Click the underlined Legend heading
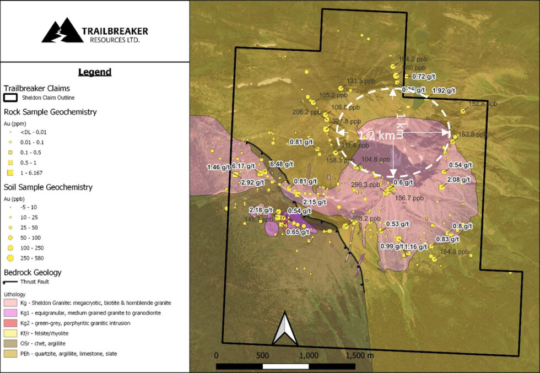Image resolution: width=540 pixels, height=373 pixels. [95, 72]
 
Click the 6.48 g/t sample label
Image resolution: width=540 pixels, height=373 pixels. [283, 164]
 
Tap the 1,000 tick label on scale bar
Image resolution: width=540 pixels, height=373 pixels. [308, 355]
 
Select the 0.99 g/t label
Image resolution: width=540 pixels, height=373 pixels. [391, 246]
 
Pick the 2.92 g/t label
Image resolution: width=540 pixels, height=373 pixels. [253, 182]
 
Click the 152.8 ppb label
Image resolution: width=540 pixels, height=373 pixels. [483, 104]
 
